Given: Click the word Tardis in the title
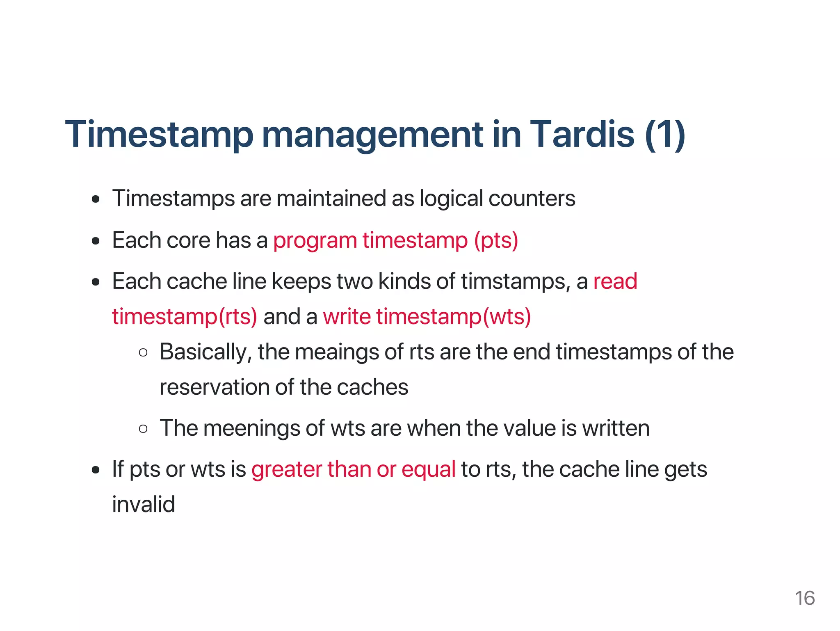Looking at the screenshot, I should click(x=582, y=135).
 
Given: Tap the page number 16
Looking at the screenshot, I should click(x=804, y=598).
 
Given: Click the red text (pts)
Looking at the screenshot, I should click(x=496, y=240).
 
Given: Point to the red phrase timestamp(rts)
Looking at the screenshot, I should click(x=185, y=317).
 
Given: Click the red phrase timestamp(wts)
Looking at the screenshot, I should click(x=453, y=317).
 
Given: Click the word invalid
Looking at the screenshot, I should click(x=144, y=504).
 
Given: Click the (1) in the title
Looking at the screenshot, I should click(x=665, y=135).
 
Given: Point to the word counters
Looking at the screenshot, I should click(x=532, y=199).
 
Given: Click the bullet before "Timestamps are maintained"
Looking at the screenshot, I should click(x=96, y=200).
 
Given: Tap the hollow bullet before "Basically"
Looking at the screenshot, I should click(x=143, y=352).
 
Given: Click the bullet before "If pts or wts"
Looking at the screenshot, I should click(x=96, y=470).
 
